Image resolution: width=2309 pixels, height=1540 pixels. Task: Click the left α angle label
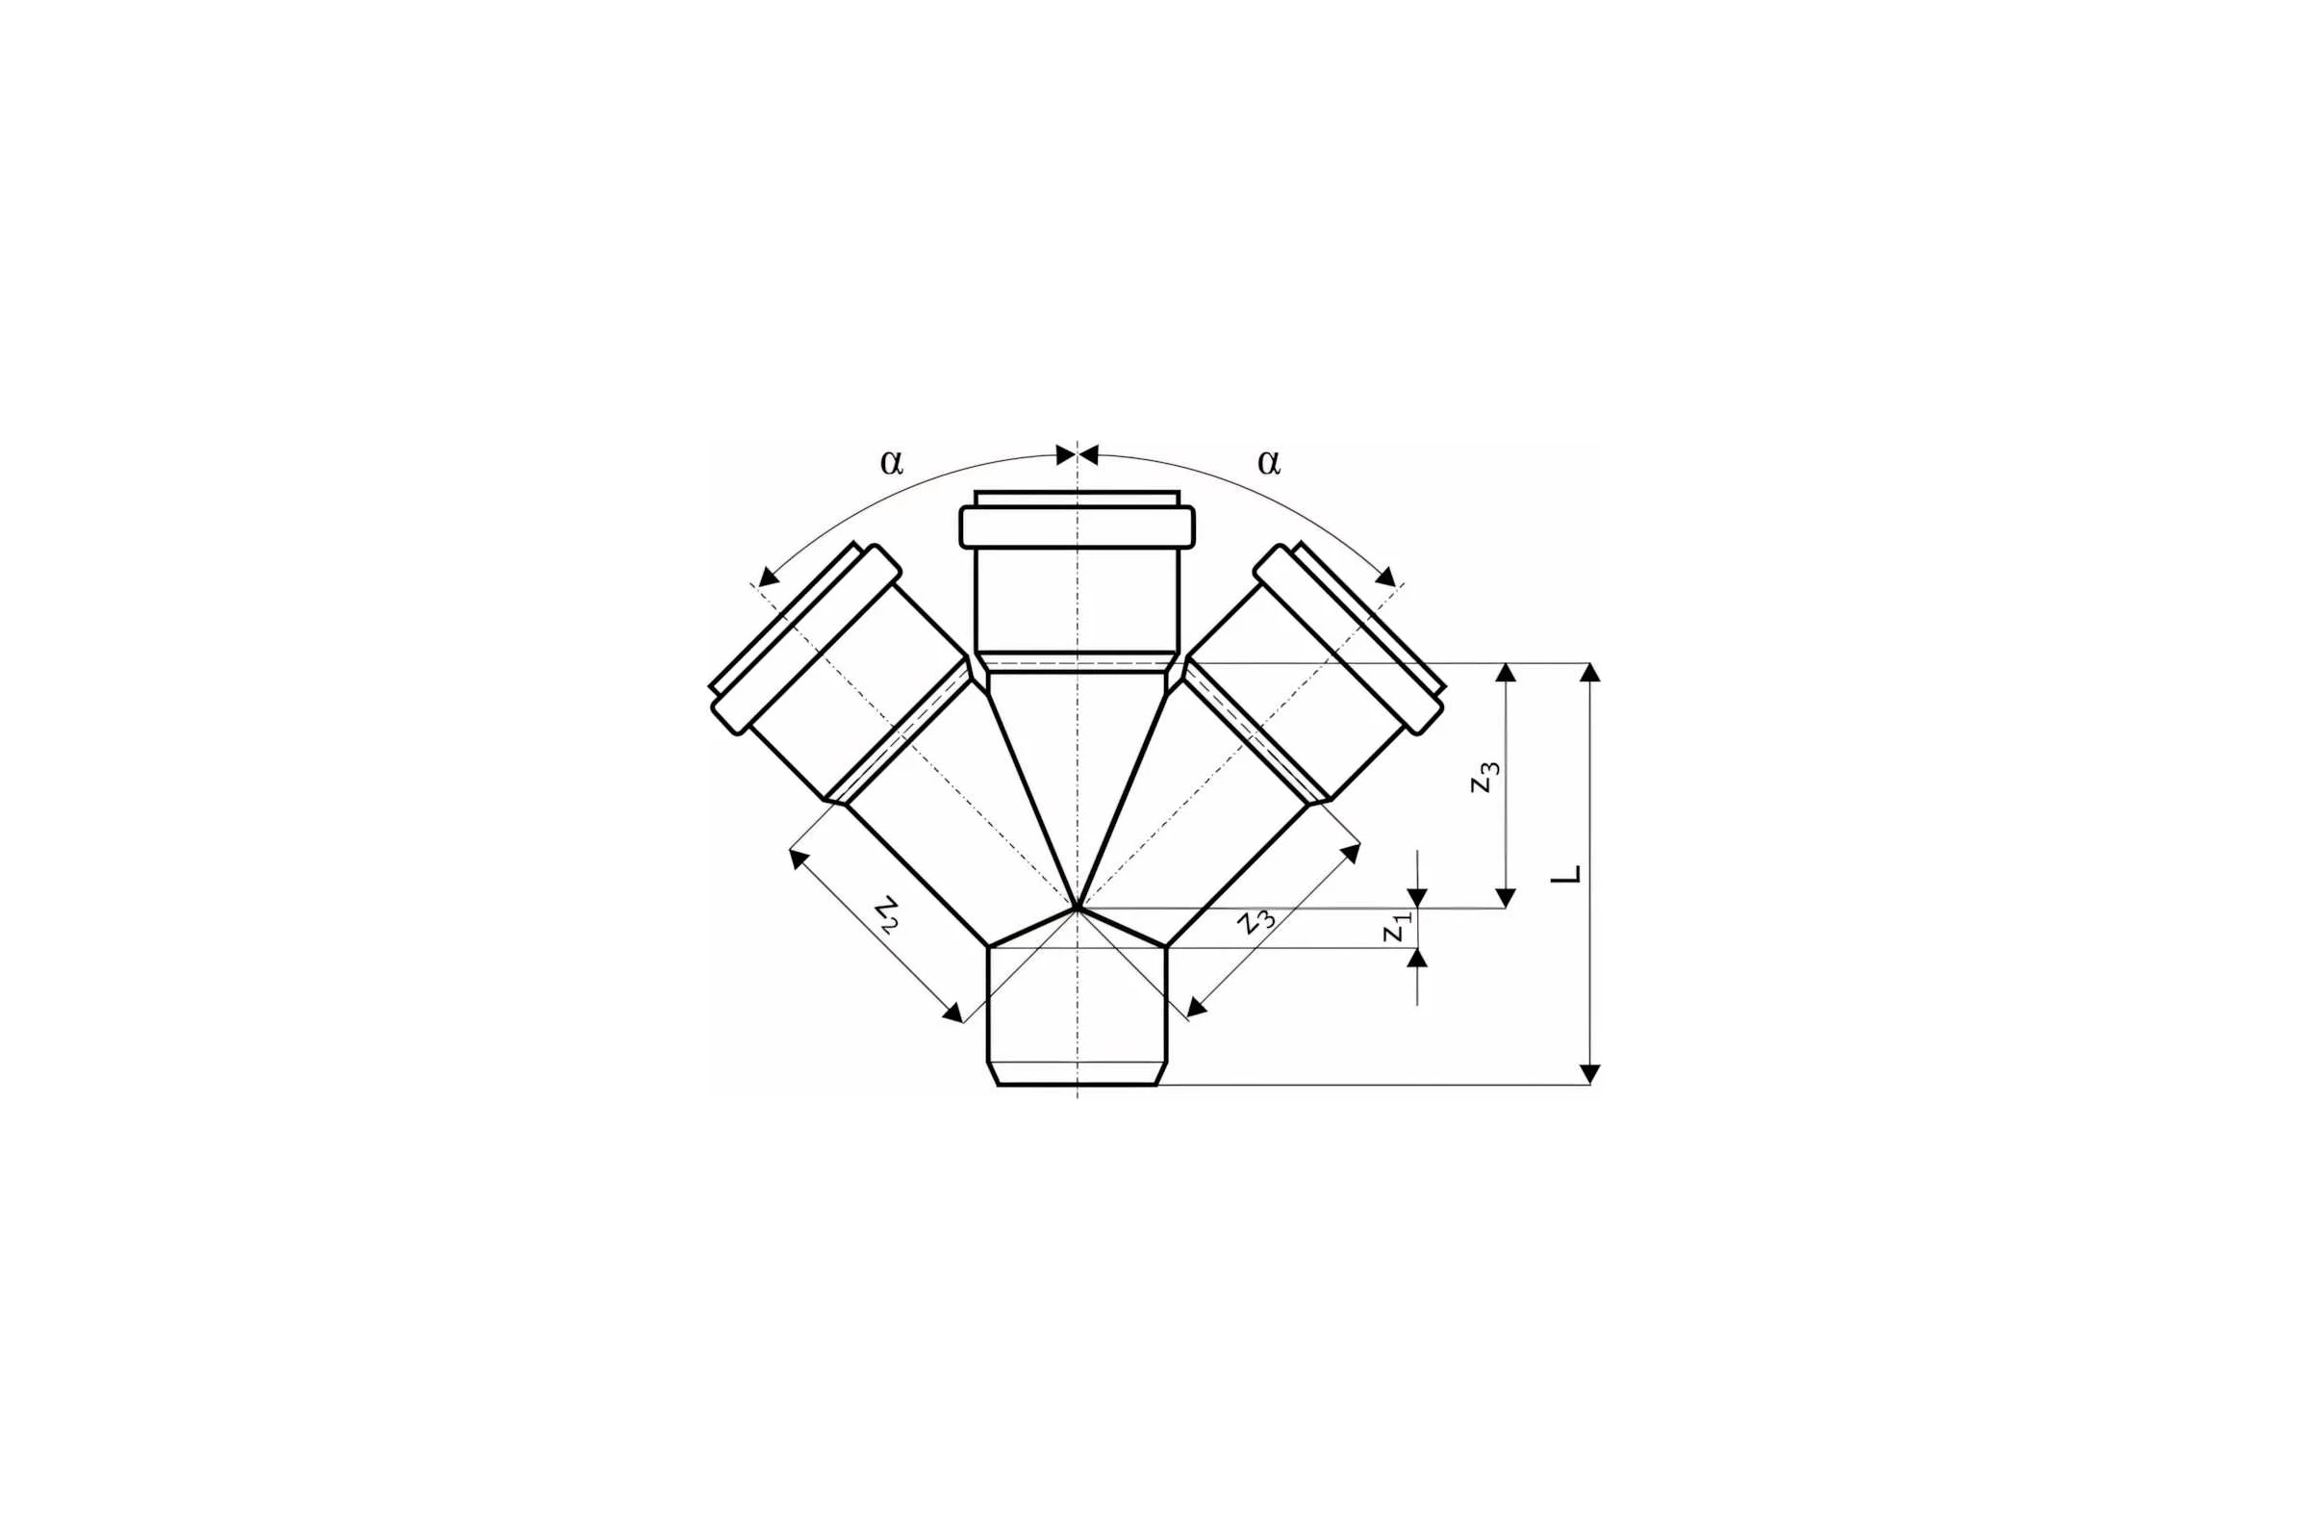tap(891, 462)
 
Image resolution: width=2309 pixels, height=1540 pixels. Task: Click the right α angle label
tap(1268, 462)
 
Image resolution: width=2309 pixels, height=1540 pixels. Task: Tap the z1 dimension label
tap(1397, 926)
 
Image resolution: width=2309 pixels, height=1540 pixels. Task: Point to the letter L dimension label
tap(1565, 873)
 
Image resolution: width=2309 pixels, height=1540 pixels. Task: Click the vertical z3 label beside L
tap(1484, 777)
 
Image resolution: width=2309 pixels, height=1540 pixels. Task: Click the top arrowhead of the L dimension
tap(1590, 672)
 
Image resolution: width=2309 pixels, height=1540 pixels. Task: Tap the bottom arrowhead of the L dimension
tap(1590, 1074)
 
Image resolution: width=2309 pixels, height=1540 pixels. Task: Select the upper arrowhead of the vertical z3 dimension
tap(1506, 672)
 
